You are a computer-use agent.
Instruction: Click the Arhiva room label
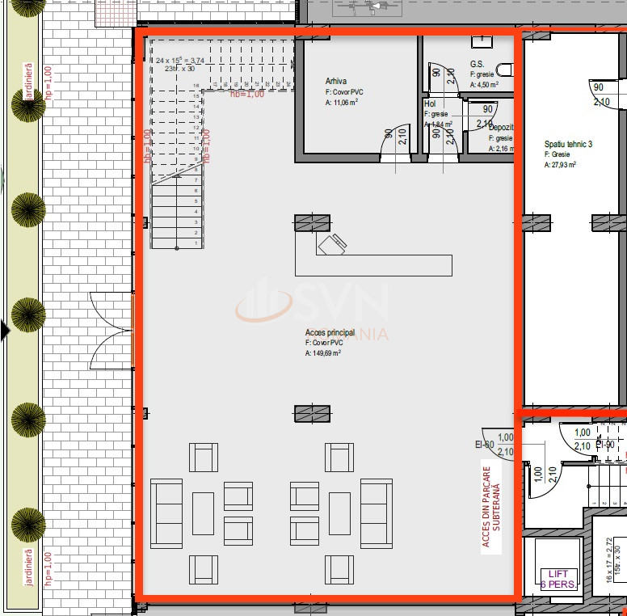click(337, 82)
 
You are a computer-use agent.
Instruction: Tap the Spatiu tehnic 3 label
click(568, 145)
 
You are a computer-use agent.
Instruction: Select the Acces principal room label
click(330, 333)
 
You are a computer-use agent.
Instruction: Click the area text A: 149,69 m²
click(322, 353)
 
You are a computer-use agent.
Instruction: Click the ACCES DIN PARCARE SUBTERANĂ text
click(491, 506)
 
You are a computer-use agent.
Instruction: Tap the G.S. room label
click(478, 64)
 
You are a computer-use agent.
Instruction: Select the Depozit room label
click(500, 128)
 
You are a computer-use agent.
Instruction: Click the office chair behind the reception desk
click(332, 243)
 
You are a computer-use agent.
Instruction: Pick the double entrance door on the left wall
click(111, 329)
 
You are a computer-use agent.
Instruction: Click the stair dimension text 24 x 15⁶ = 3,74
click(180, 61)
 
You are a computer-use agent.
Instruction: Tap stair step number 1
click(196, 243)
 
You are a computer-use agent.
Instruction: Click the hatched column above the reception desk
click(312, 222)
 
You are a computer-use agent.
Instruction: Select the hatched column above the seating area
click(312, 414)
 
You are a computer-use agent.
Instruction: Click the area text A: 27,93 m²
click(560, 165)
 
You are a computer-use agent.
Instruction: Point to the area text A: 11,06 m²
click(342, 103)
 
